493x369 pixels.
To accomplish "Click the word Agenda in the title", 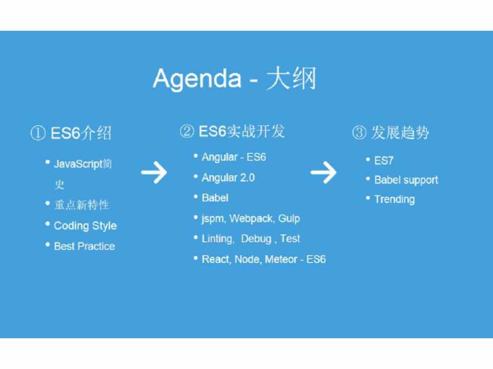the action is tap(197, 79).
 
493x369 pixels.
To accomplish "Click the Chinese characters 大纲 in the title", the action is tap(291, 78).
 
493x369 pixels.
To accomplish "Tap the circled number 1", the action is tap(38, 133).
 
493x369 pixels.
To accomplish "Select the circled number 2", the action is tap(187, 131).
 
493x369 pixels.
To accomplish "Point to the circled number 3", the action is tap(359, 132).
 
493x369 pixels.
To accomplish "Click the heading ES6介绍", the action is tap(81, 133).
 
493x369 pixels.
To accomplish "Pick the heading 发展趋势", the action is tap(400, 132).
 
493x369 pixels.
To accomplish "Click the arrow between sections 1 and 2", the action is tap(154, 172).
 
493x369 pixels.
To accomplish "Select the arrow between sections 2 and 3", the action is tap(324, 172).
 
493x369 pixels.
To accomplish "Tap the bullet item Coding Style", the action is tap(85, 226).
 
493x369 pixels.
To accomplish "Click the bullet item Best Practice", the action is tap(84, 247).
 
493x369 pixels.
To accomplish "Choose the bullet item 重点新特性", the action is tap(82, 205).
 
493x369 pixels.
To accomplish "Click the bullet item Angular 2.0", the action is tap(228, 178).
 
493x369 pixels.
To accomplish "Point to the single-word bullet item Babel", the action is tap(215, 198).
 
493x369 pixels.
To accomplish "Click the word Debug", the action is tap(256, 239).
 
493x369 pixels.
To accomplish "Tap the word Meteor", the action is tap(281, 259).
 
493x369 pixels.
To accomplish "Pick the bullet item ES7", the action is tap(384, 160).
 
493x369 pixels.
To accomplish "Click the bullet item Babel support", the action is tap(406, 180).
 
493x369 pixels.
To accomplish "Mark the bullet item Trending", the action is tap(394, 199).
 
